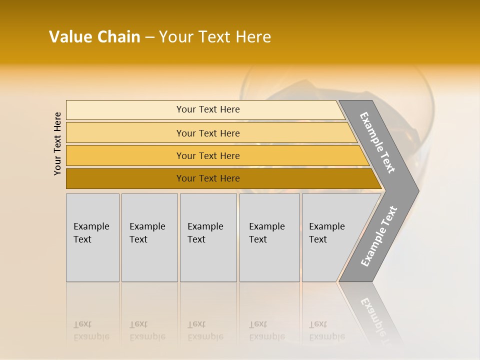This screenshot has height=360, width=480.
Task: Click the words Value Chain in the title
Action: point(94,37)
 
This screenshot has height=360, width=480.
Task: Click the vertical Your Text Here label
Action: point(57,143)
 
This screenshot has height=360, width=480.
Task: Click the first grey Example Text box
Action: point(92,237)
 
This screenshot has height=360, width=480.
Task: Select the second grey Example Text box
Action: point(149,237)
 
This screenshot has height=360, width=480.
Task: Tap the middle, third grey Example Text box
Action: point(208,237)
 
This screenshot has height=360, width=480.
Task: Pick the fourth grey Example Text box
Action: point(269,237)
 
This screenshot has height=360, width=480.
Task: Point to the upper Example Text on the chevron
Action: point(377,142)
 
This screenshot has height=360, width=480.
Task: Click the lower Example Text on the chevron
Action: point(379,236)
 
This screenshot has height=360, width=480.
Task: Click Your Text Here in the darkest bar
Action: point(208,178)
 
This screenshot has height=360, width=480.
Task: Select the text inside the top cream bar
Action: point(208,109)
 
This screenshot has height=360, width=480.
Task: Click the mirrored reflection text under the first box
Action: point(91,330)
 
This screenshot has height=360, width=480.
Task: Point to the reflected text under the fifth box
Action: point(326,330)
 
